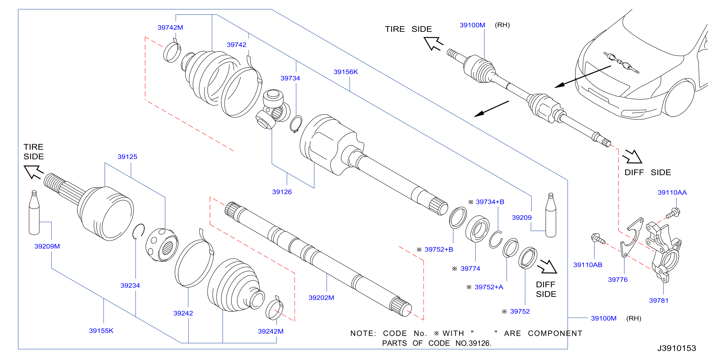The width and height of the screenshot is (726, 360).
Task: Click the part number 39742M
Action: pyautogui.click(x=170, y=27)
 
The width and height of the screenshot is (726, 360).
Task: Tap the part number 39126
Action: pyautogui.click(x=282, y=192)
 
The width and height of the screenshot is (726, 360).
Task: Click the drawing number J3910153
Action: pyautogui.click(x=677, y=348)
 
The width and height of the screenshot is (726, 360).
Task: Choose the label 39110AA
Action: pyautogui.click(x=672, y=193)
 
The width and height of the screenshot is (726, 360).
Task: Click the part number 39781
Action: pyautogui.click(x=658, y=301)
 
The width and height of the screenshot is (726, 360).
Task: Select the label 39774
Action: pyautogui.click(x=470, y=269)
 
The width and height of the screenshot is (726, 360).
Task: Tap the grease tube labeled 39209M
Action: pyautogui.click(x=34, y=213)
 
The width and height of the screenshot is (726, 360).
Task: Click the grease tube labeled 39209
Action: pyautogui.click(x=551, y=215)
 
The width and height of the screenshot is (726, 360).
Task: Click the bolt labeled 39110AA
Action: pyautogui.click(x=673, y=213)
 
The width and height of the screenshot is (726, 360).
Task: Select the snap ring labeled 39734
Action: pyautogui.click(x=296, y=124)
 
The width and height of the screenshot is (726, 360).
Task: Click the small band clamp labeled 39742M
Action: pyautogui.click(x=172, y=51)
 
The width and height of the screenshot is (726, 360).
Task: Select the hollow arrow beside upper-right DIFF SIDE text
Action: pyautogui.click(x=633, y=157)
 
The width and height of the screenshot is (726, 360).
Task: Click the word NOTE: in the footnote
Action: pyautogui.click(x=363, y=334)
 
